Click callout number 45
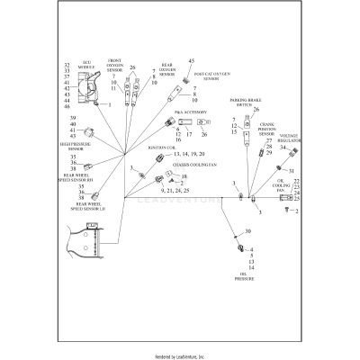click(192, 60)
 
